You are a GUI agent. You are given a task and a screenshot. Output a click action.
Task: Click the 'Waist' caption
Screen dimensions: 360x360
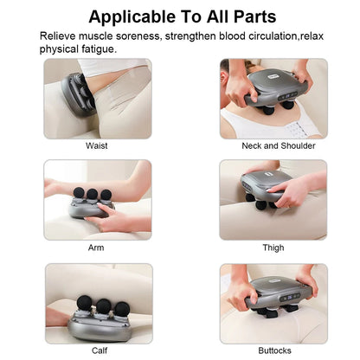click(x=97, y=145)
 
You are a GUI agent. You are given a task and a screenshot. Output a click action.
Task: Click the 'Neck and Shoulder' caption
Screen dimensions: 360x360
click(x=273, y=145)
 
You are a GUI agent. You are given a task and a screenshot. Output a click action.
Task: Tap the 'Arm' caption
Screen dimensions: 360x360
click(x=97, y=247)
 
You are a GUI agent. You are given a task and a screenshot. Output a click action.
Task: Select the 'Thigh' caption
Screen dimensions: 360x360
click(x=273, y=247)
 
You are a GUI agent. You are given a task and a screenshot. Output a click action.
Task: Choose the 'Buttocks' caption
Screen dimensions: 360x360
click(x=273, y=350)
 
